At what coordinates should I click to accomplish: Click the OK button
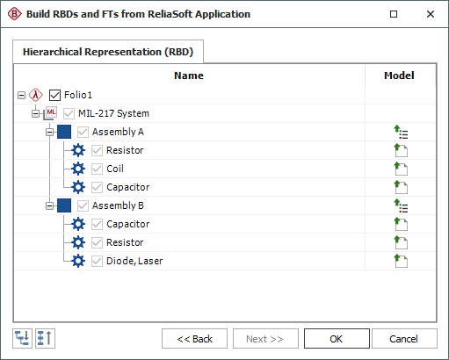coord(337,339)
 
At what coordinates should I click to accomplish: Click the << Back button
coord(194,339)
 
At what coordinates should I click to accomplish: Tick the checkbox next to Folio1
coord(54,95)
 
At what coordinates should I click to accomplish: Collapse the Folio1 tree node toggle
coord(21,95)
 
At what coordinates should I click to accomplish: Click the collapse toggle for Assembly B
coord(49,205)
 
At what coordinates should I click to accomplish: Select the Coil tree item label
coord(115,169)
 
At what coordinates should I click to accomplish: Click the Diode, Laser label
coord(134,261)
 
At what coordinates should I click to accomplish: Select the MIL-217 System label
coord(113,113)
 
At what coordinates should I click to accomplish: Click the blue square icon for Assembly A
coord(64,132)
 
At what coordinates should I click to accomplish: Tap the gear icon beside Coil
coord(78,169)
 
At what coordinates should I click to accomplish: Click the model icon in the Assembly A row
coord(401,132)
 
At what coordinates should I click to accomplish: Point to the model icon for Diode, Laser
coord(401,261)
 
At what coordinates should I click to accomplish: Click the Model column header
coord(399,76)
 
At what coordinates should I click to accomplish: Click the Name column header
coord(189,76)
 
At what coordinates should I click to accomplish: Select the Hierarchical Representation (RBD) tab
coord(108,52)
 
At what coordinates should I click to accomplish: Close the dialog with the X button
coord(431,14)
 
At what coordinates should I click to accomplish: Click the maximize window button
coord(394,14)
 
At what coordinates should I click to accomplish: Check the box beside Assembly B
coord(83,205)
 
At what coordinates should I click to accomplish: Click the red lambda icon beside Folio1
coord(36,95)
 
